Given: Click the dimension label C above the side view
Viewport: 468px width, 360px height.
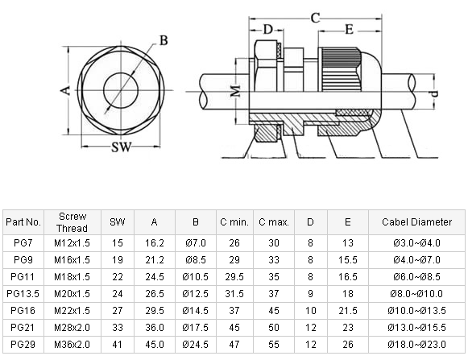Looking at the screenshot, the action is tap(315, 18).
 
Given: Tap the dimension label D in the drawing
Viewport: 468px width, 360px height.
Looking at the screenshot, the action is tap(268, 30).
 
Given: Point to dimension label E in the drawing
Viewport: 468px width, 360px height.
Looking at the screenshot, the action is tap(349, 30).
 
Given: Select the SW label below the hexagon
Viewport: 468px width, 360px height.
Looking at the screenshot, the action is tap(122, 147).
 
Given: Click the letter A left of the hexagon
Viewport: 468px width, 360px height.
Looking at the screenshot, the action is tap(65, 90).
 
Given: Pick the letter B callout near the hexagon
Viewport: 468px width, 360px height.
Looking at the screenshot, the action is tap(164, 40).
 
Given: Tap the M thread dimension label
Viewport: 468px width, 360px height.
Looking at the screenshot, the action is tap(236, 91).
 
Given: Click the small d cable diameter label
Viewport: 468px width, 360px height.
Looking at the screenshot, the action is tap(435, 93).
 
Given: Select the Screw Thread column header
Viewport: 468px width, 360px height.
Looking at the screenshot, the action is tap(72, 222).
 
